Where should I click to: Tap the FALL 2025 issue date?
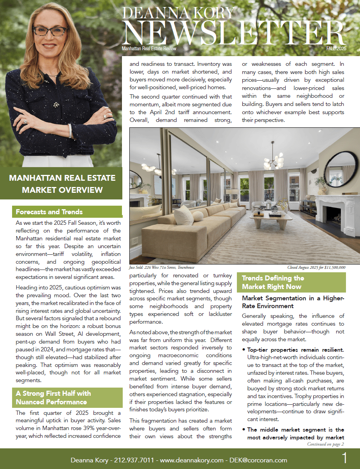[x=335, y=49]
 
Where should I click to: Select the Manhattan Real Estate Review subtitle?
[x=149, y=49]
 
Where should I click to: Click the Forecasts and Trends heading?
[x=49, y=212]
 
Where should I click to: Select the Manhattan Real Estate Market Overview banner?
[x=62, y=184]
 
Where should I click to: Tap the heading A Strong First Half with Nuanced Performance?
[x=53, y=397]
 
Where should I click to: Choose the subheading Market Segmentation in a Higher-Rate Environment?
[x=293, y=302]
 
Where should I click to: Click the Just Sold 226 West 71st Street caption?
[x=162, y=268]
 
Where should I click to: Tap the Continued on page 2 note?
[x=326, y=444]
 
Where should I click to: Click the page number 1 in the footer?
[x=344, y=458]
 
